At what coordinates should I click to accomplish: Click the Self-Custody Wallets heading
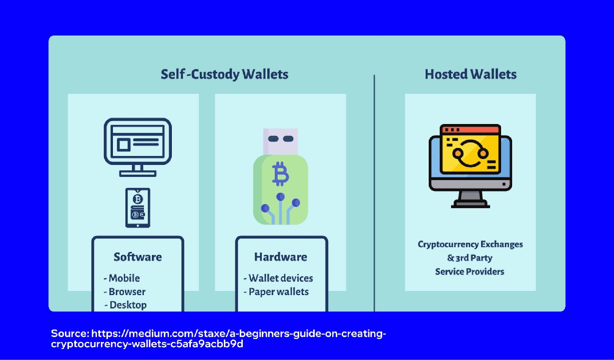click(x=224, y=74)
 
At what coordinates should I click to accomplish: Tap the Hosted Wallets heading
click(x=470, y=74)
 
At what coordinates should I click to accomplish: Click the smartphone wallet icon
click(x=137, y=207)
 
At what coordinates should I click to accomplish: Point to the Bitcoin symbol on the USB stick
click(x=281, y=173)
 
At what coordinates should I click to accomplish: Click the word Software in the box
click(x=137, y=257)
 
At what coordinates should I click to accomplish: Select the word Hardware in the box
click(x=281, y=257)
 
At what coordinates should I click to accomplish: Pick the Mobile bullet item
click(x=122, y=278)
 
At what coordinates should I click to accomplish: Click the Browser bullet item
click(x=125, y=291)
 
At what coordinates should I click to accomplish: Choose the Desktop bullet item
click(x=126, y=304)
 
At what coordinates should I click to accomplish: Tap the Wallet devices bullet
click(x=278, y=278)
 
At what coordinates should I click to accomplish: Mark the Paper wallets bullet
click(x=276, y=291)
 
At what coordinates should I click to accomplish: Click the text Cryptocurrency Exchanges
click(x=470, y=244)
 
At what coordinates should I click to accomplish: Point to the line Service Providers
click(x=470, y=271)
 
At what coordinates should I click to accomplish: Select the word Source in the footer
click(x=69, y=333)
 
